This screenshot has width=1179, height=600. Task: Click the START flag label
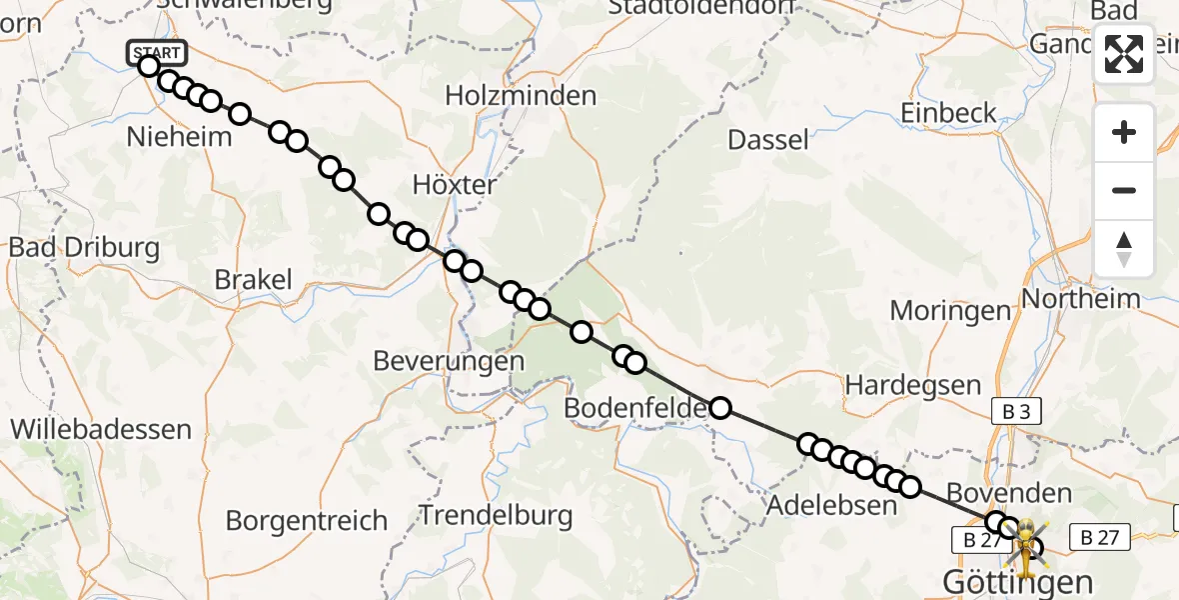(x=157, y=52)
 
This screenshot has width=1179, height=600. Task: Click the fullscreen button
(x=1124, y=54)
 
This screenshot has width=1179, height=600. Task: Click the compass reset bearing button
(x=1124, y=249)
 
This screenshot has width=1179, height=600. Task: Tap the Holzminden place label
(x=521, y=96)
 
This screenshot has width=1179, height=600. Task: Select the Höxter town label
(x=454, y=185)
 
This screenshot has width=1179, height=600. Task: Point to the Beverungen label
(x=449, y=360)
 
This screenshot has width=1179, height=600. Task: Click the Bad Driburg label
(x=84, y=247)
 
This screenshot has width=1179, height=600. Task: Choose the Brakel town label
(x=254, y=280)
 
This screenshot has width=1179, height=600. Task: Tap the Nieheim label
(x=179, y=136)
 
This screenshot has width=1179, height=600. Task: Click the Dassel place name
(x=768, y=139)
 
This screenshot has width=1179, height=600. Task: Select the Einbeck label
(x=949, y=112)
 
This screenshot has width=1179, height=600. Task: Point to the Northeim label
(x=1081, y=298)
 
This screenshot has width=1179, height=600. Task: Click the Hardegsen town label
(x=908, y=383)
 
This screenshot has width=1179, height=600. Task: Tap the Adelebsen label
(x=831, y=505)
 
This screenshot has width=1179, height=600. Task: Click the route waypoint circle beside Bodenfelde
(x=719, y=407)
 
